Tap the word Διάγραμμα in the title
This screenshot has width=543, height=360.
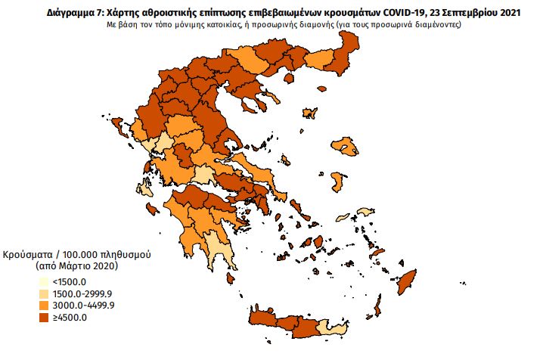[51, 12]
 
